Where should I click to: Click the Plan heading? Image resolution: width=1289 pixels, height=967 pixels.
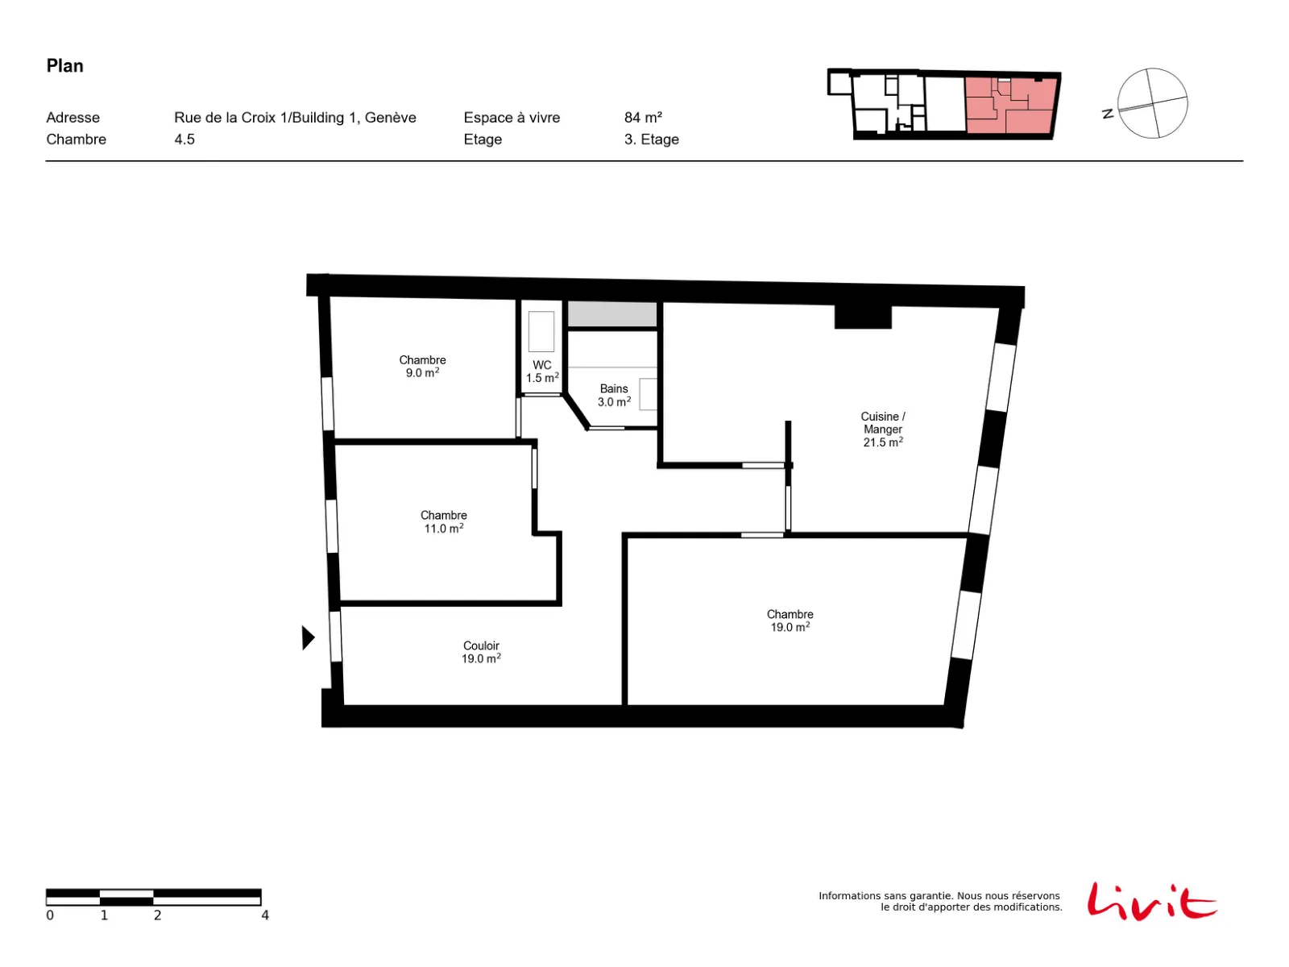64,66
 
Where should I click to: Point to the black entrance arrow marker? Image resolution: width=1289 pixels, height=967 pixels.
309,637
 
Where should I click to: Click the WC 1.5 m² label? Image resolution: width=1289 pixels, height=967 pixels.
541,371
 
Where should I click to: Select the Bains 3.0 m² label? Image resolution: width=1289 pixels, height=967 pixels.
614,395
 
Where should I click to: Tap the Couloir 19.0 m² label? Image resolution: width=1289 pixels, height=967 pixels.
481,652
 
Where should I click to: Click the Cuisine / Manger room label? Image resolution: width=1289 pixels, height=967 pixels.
883,430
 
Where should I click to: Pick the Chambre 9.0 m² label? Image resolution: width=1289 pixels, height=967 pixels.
422,367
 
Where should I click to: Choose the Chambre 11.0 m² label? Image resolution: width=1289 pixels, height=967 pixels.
443,522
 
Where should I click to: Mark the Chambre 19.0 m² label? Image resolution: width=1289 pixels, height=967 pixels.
790,620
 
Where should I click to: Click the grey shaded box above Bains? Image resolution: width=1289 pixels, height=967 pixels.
612,314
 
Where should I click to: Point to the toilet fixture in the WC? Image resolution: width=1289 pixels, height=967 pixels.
541,332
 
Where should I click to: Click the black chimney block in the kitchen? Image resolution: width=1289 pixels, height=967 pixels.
863,317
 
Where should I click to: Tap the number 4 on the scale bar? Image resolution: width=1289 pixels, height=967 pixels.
265,915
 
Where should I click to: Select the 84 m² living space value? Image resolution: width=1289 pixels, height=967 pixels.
643,118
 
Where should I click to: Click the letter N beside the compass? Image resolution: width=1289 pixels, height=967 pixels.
1108,114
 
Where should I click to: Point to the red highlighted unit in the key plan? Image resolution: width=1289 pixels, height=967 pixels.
1011,105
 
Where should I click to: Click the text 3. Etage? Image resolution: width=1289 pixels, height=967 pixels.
651,139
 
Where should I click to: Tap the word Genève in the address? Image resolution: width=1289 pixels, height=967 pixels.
391,118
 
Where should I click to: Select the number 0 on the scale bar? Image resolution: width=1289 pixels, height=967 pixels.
50,915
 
